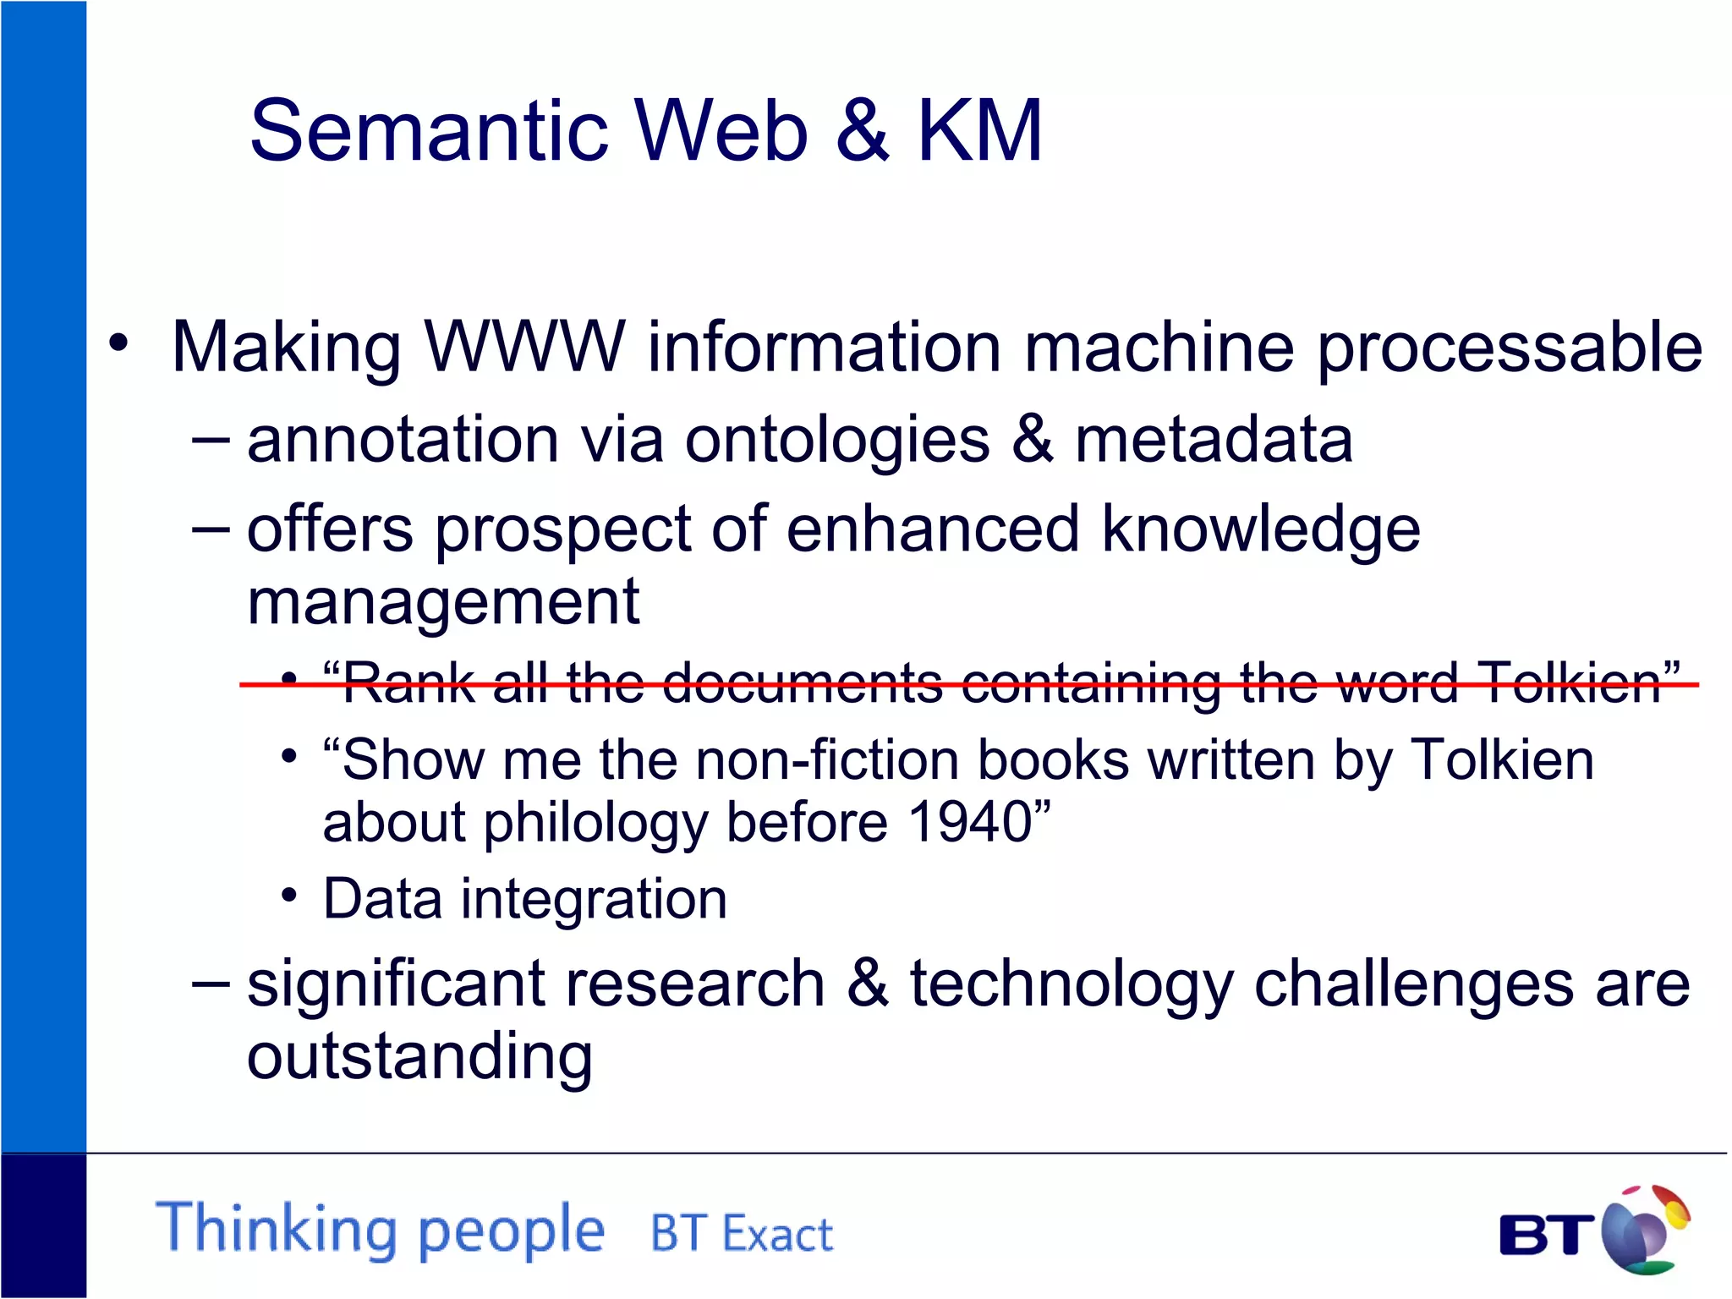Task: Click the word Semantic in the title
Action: pos(430,131)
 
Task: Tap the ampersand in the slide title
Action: pos(862,131)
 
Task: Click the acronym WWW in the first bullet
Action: pos(524,347)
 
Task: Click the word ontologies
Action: pos(837,441)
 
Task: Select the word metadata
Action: pos(1214,440)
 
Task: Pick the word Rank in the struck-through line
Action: pos(408,683)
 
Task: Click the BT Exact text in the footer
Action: pos(742,1234)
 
